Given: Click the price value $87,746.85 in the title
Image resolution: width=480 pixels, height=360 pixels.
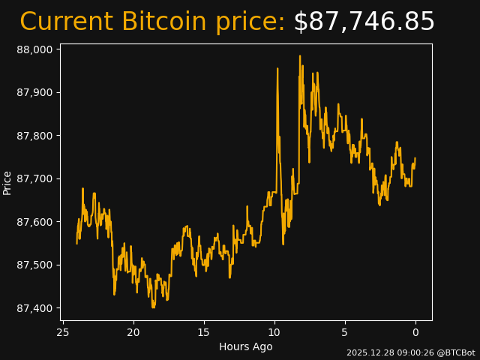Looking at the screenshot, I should point(364,22).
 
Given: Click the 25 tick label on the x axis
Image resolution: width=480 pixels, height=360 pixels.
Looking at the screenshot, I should point(63,332).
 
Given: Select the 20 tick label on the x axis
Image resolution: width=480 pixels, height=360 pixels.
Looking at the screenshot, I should point(133,332).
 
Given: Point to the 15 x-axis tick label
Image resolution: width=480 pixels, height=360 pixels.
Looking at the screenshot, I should point(204,332).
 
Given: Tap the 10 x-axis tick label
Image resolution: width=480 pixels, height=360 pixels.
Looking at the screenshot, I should point(274,332).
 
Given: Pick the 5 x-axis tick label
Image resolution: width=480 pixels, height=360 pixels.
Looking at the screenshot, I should point(345,332).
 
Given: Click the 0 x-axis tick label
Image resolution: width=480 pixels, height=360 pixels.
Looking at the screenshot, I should point(415,332).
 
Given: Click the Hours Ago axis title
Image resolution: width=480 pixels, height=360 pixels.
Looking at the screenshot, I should point(246,346).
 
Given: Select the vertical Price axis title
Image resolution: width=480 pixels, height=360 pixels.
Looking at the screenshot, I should point(7,182).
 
